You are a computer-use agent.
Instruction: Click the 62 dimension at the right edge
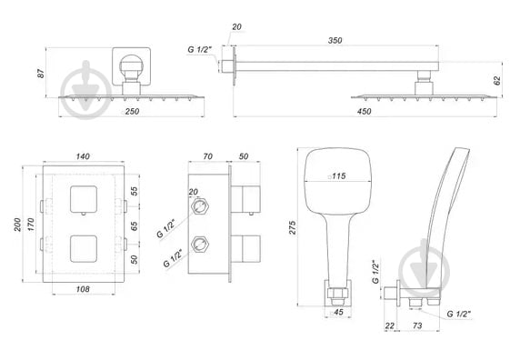(x=497, y=80)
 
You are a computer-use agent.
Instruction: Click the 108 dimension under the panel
(x=83, y=290)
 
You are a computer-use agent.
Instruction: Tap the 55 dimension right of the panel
(x=135, y=192)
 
